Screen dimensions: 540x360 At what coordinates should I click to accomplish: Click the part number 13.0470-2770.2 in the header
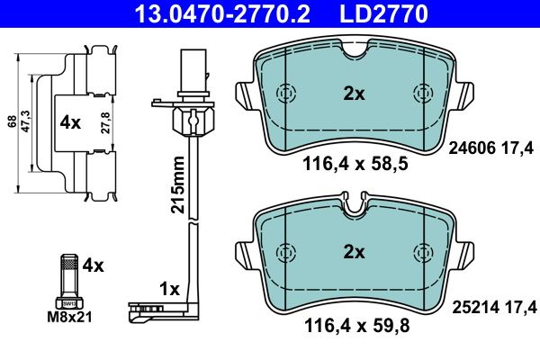pyautogui.click(x=222, y=13)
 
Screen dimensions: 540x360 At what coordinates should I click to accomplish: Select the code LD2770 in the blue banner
pyautogui.click(x=384, y=13)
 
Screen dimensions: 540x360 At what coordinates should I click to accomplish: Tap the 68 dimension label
pyautogui.click(x=13, y=121)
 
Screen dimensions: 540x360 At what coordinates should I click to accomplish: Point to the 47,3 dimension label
pyautogui.click(x=26, y=121)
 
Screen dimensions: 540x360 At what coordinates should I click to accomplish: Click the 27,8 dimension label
pyautogui.click(x=105, y=122)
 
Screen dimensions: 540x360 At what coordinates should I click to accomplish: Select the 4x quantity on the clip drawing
pyautogui.click(x=70, y=122)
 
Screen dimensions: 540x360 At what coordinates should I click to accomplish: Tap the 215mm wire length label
pyautogui.click(x=177, y=184)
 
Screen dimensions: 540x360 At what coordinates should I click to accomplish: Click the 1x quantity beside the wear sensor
pyautogui.click(x=169, y=289)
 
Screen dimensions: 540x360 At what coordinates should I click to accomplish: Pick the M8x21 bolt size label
pyautogui.click(x=69, y=318)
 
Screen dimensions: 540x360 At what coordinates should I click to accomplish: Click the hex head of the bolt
pyautogui.click(x=69, y=302)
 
